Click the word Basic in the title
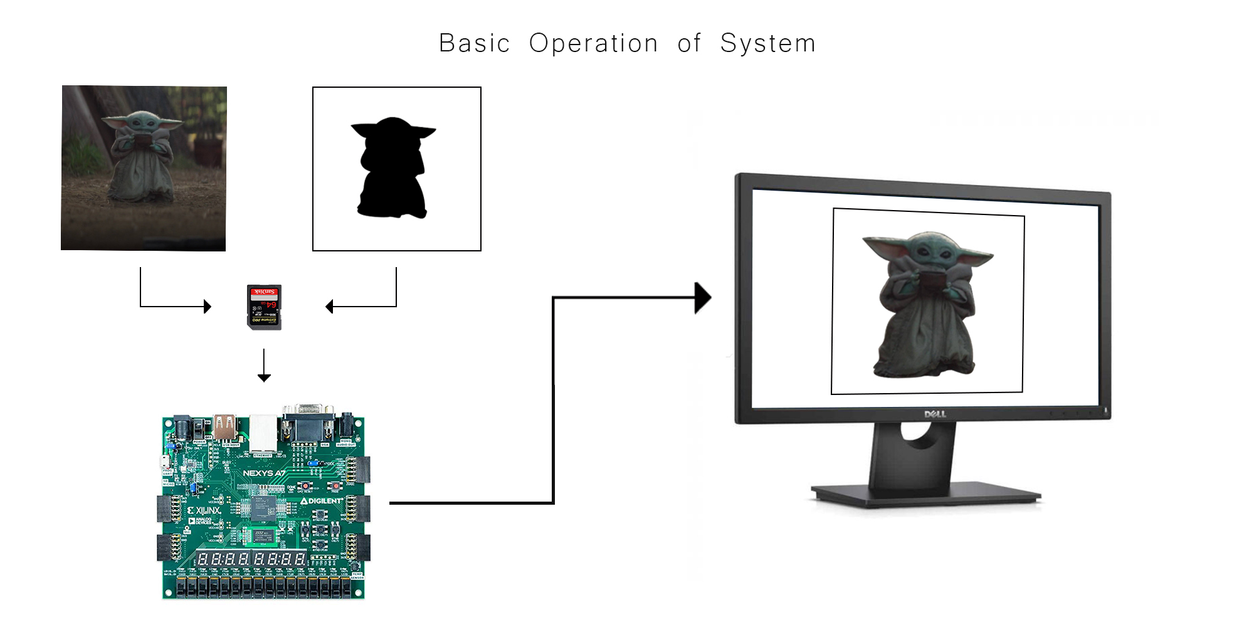[474, 43]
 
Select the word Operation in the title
[593, 43]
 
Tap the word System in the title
[767, 43]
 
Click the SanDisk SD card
[264, 307]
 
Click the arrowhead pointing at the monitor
[703, 298]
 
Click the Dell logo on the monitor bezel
[935, 414]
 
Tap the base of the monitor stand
[925, 493]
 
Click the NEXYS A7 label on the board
[263, 473]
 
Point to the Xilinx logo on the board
[204, 510]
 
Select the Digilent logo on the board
[322, 501]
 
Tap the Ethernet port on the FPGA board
[263, 433]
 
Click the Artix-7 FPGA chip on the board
[263, 507]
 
